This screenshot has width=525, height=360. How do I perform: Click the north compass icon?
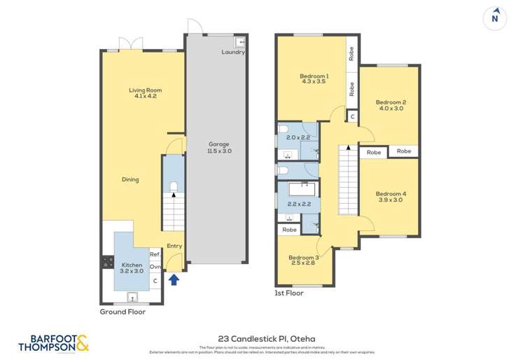[x=496, y=19]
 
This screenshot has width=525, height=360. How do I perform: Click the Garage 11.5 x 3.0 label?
[x=219, y=147]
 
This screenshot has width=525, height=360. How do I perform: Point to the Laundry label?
[x=232, y=52]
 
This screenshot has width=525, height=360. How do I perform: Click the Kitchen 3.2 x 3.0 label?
[x=132, y=268]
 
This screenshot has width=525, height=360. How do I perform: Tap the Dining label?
[x=130, y=179]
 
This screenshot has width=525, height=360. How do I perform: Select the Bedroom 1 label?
[x=314, y=78]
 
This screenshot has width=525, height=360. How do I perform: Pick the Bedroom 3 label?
[x=303, y=260]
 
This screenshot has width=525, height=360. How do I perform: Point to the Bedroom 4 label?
[x=391, y=197]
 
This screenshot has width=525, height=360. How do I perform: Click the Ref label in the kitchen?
[x=155, y=254]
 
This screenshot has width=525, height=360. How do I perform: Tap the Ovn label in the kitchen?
[x=155, y=267]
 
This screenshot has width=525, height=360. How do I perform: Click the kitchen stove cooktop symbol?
[x=108, y=263]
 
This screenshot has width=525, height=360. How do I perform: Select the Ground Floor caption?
[x=122, y=312]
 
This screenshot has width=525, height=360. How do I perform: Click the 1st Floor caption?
[x=289, y=293]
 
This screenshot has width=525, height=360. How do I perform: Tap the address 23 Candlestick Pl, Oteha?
[x=262, y=337]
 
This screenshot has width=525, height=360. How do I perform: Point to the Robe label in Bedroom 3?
[x=288, y=230]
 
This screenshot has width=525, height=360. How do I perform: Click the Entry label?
[x=174, y=246]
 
